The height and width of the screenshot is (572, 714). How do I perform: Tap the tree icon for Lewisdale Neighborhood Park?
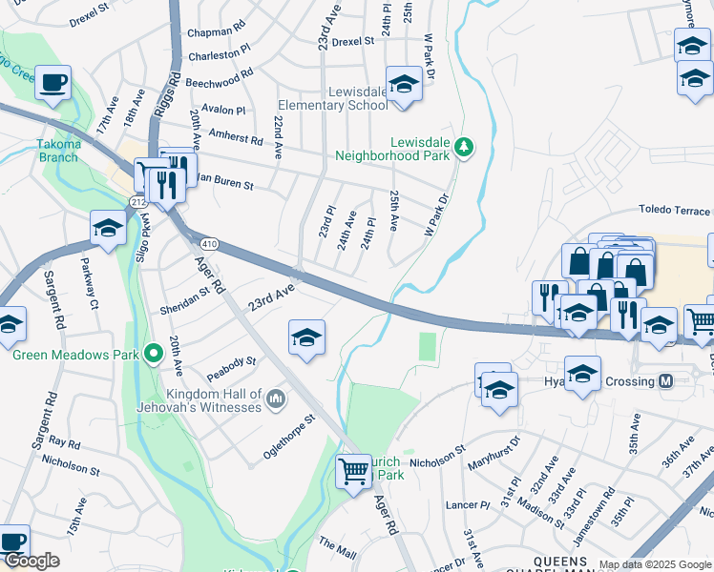tap(464, 146)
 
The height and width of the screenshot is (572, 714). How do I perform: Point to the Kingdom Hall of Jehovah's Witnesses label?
tap(213, 400)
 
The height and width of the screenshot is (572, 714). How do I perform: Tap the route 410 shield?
tap(211, 244)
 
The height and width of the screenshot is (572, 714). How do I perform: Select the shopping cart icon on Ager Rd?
tap(354, 470)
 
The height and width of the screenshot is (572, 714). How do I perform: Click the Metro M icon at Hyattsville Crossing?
tap(666, 381)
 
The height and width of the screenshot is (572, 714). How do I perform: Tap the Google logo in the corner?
tap(31, 562)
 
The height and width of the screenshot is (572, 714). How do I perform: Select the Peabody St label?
tap(238, 362)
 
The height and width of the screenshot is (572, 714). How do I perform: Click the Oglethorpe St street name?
tap(289, 437)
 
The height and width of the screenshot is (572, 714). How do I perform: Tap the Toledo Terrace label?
tap(674, 211)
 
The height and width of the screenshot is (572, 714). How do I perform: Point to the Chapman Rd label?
tap(217, 31)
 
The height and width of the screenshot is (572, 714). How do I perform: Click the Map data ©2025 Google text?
tap(655, 564)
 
